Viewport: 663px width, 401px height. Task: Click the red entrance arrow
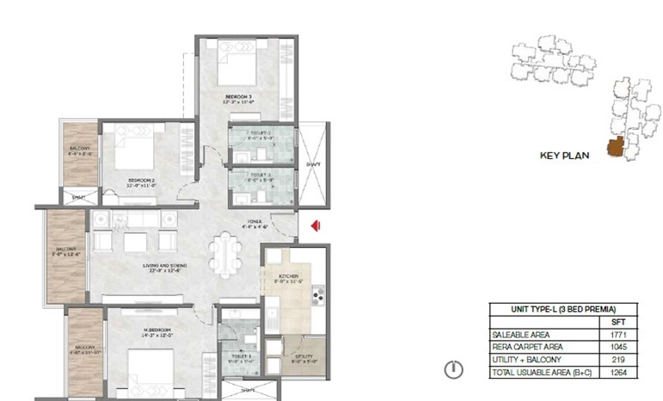tap(316, 225)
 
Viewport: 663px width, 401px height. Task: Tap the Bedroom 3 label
tap(238, 96)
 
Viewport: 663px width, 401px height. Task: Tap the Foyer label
tap(255, 223)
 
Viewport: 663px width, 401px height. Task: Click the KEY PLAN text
tap(563, 156)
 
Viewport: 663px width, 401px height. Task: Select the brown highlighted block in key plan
tap(615, 148)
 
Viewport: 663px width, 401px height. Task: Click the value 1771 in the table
tap(617, 334)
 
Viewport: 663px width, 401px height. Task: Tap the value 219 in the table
tap(617, 360)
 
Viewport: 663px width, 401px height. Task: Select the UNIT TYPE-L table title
tap(563, 308)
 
